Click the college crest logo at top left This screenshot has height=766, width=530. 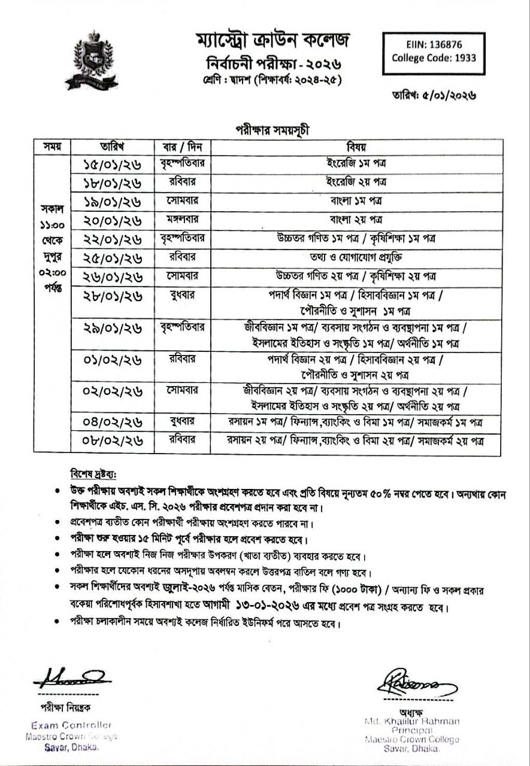coord(91,61)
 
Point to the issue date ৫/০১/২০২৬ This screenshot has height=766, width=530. coord(442,95)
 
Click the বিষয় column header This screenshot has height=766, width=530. coord(356,147)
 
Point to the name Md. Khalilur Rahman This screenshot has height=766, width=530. coord(411,722)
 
